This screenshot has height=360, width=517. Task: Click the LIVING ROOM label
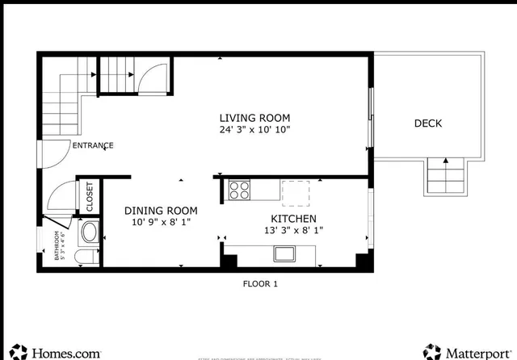click(x=254, y=117)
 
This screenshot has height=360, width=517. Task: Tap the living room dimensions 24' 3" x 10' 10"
click(x=254, y=129)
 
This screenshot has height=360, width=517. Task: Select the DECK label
click(x=427, y=123)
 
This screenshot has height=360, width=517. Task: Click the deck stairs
click(x=445, y=175)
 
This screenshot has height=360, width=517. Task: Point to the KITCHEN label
click(x=292, y=219)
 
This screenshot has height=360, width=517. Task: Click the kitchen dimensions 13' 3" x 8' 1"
click(x=292, y=231)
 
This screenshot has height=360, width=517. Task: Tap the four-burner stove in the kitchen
click(x=239, y=190)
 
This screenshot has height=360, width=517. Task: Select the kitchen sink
click(x=284, y=255)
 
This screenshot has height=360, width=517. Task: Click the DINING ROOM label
click(x=161, y=211)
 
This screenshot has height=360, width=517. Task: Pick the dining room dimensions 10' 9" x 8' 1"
click(x=161, y=222)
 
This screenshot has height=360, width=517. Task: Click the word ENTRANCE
click(x=93, y=146)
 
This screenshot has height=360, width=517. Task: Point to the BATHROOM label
click(x=57, y=246)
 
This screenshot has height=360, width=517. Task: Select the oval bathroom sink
click(x=88, y=233)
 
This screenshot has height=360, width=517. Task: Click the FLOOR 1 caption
click(x=260, y=284)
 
